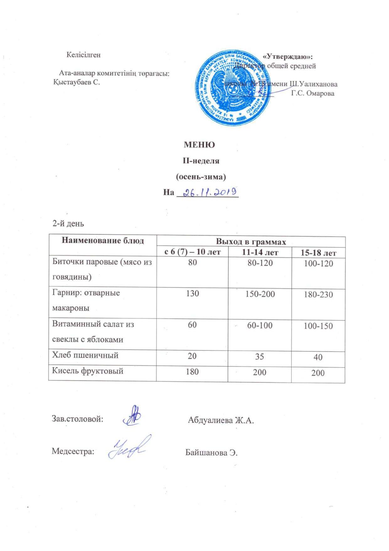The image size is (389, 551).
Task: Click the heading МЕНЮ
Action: (x=199, y=145)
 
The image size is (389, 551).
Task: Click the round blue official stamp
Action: (x=232, y=87)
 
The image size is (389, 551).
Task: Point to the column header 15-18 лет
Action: (x=318, y=253)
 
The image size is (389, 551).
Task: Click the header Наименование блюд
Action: (x=103, y=241)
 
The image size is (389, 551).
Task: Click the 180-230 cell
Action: (x=318, y=295)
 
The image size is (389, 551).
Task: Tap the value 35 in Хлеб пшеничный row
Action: (x=259, y=357)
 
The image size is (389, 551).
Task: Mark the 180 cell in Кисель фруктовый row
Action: (x=192, y=372)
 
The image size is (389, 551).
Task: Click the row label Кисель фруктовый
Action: (x=88, y=371)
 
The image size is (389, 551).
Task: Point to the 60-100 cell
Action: (x=260, y=325)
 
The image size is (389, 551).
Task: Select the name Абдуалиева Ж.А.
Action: (x=221, y=420)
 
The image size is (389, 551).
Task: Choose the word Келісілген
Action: (x=83, y=55)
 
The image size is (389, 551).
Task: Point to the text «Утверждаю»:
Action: (x=288, y=57)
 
